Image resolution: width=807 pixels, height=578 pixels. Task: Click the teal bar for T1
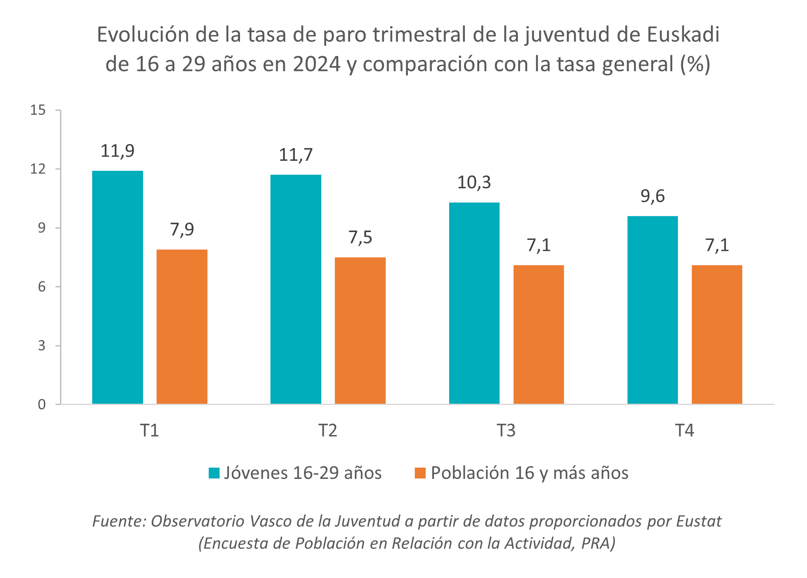pyautogui.click(x=117, y=287)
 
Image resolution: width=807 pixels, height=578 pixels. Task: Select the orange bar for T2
pyautogui.click(x=360, y=330)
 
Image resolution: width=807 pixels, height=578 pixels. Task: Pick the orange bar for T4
pyautogui.click(x=717, y=334)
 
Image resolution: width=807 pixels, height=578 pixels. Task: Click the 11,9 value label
pyautogui.click(x=117, y=151)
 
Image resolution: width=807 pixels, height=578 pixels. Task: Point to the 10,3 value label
pyautogui.click(x=474, y=183)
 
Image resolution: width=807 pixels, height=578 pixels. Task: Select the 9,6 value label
pyautogui.click(x=652, y=196)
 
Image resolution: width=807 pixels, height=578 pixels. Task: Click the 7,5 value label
pyautogui.click(x=360, y=237)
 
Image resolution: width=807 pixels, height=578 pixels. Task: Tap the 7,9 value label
pyautogui.click(x=182, y=229)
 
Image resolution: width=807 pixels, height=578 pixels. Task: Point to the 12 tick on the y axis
pyautogui.click(x=38, y=169)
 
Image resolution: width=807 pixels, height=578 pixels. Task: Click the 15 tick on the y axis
pyautogui.click(x=38, y=110)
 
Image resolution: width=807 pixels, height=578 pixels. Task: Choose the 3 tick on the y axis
pyautogui.click(x=42, y=346)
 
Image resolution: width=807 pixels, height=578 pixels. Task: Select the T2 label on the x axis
pyautogui.click(x=328, y=430)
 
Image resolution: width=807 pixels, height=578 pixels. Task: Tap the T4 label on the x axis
pyautogui.click(x=684, y=430)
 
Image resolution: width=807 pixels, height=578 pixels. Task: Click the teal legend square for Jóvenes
pyautogui.click(x=214, y=473)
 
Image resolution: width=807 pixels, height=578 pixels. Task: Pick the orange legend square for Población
pyautogui.click(x=420, y=473)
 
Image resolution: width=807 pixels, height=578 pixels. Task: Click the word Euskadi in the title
pyautogui.click(x=683, y=35)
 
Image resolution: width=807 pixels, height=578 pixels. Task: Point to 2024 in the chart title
pyautogui.click(x=317, y=64)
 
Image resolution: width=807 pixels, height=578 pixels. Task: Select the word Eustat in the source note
pyautogui.click(x=699, y=521)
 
